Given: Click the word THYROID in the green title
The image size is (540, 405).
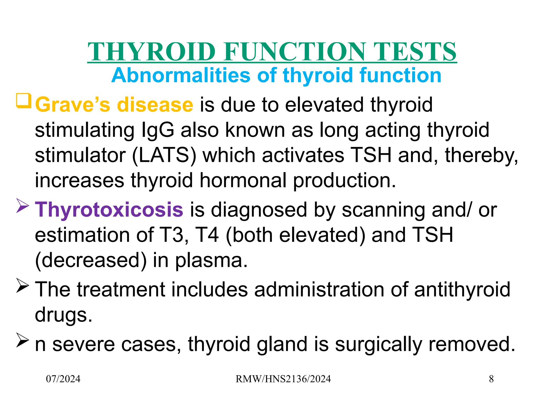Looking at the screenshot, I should [x=152, y=52].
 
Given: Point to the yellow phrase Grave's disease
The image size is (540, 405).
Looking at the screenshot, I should [x=114, y=105].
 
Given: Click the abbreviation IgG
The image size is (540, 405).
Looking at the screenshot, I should [x=158, y=130].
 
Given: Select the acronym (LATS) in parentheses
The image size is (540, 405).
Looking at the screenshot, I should [x=164, y=156].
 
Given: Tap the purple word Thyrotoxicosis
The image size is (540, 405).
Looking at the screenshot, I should [x=109, y=210].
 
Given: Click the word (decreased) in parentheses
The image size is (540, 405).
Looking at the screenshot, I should [x=91, y=261].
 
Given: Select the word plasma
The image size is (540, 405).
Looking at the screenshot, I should [x=211, y=261].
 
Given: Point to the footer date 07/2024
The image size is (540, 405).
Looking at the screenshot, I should [x=63, y=379].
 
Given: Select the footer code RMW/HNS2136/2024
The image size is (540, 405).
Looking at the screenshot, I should [x=283, y=379].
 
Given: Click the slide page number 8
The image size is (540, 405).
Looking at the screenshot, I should [x=491, y=379].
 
